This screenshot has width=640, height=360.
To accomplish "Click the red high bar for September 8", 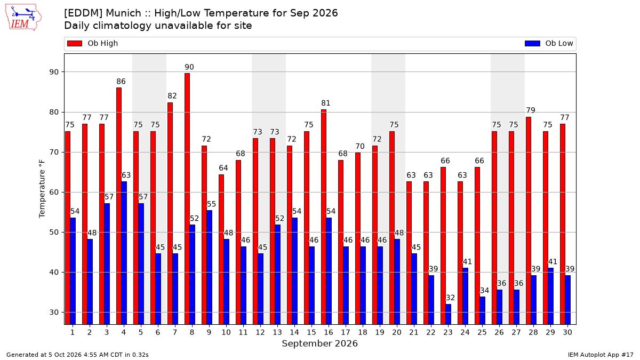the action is pyautogui.click(x=187, y=199).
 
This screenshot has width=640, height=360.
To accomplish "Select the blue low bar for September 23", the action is pyautogui.click(x=449, y=314).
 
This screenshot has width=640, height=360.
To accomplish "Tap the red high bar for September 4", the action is pyautogui.click(x=119, y=206).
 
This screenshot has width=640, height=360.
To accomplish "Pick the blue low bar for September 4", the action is pyautogui.click(x=124, y=253).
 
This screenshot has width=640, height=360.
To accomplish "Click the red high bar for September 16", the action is pyautogui.click(x=324, y=217).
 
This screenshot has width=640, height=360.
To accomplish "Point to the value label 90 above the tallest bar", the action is pyautogui.click(x=189, y=67).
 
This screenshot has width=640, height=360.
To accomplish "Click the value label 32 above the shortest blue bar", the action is pyautogui.click(x=450, y=298).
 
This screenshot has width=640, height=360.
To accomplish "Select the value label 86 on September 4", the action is pyautogui.click(x=121, y=82).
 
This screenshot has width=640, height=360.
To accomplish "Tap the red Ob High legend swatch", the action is pyautogui.click(x=75, y=43).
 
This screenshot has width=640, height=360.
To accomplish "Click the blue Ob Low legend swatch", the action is pyautogui.click(x=532, y=43).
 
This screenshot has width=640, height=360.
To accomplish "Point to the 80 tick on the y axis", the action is pyautogui.click(x=54, y=112).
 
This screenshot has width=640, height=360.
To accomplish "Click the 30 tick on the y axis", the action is pyautogui.click(x=54, y=313).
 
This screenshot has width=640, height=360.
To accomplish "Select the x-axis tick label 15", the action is pyautogui.click(x=311, y=332).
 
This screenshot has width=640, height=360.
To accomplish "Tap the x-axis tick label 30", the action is pyautogui.click(x=567, y=332).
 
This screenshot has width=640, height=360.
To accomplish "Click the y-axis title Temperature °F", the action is pyautogui.click(x=42, y=189).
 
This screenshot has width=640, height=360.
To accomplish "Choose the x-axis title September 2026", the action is pyautogui.click(x=319, y=343).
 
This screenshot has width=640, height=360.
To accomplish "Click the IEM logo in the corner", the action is pyautogui.click(x=23, y=18).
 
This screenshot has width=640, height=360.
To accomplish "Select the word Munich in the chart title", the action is pyautogui.click(x=123, y=13).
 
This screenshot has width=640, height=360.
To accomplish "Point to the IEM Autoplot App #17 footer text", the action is pyautogui.click(x=601, y=355).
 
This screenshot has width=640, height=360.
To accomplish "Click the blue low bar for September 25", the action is pyautogui.click(x=482, y=310).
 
